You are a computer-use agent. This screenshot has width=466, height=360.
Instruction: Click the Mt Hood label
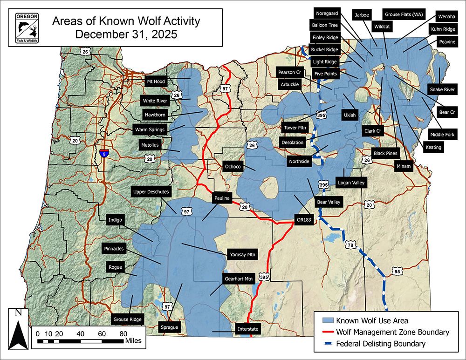coord(156,81)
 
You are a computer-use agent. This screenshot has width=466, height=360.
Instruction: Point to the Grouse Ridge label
coord(127,319)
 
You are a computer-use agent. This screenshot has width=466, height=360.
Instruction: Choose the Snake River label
coord(442,89)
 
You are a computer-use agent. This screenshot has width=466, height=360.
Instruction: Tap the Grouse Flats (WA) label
coord(401,14)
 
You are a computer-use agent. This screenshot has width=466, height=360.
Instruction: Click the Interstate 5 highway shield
coord(105,153)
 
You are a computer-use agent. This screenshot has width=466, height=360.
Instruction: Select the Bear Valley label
coord(329,202)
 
